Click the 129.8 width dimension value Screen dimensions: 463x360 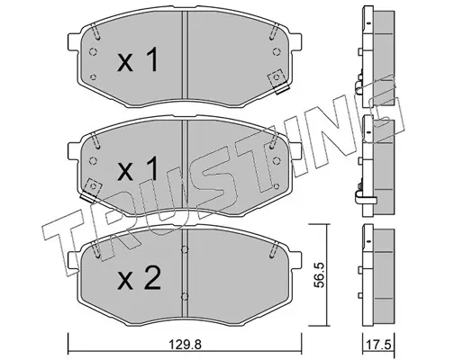click(x=185, y=345)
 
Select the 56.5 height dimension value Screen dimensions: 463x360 click(x=320, y=274)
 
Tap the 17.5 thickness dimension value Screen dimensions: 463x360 click(x=379, y=345)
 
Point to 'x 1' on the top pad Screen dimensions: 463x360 click(x=138, y=59)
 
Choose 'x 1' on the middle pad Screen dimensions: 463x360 click(x=138, y=168)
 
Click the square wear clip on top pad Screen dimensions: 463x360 click(x=277, y=80)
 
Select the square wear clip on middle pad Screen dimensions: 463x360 click(x=92, y=189)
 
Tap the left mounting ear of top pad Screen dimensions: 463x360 click(x=74, y=41)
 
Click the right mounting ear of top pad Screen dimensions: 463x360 click(x=295, y=41)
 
